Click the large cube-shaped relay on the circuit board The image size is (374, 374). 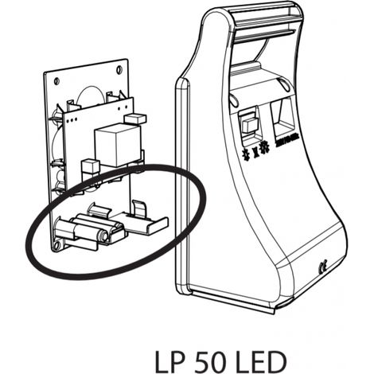pyautogui.click(x=118, y=144)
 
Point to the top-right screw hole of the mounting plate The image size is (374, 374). pyautogui.click(x=119, y=70)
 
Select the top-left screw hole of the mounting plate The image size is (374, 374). pyautogui.click(x=56, y=81)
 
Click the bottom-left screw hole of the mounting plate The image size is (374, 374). pyautogui.click(x=57, y=246)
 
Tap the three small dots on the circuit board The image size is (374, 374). pyautogui.click(x=72, y=120)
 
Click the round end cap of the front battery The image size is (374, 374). pyautogui.click(x=103, y=236)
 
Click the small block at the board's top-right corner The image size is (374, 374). pyautogui.click(x=135, y=119)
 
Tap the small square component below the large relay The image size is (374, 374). pyautogui.click(x=90, y=166)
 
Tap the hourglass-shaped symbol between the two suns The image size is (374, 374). pyautogui.click(x=255, y=153)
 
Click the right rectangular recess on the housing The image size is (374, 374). pyautogui.click(x=284, y=116)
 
